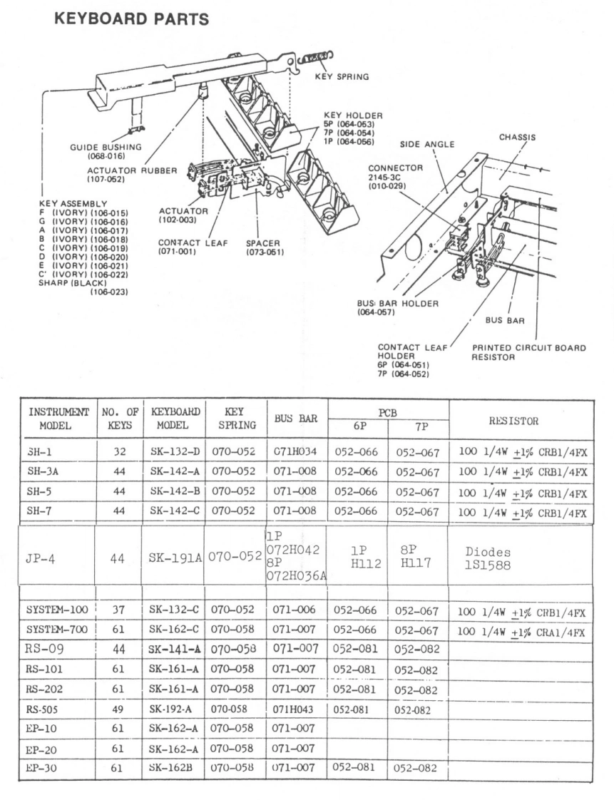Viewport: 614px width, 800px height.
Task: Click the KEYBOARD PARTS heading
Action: click(x=131, y=20)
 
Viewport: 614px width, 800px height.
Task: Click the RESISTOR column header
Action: click(x=518, y=421)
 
